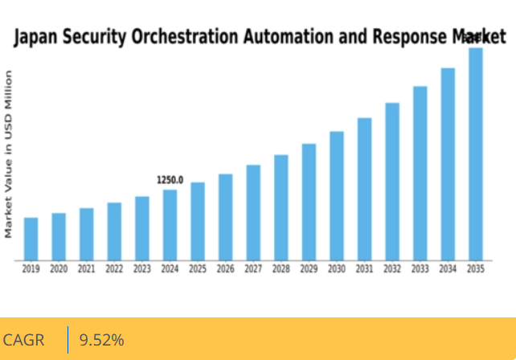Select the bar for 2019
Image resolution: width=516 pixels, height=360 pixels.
(31, 239)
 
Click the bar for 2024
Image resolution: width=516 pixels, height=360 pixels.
(170, 225)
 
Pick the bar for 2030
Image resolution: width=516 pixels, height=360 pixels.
(337, 196)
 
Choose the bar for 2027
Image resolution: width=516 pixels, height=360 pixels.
(253, 213)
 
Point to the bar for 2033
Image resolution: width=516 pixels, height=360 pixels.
(420, 174)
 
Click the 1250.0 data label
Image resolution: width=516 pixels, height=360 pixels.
(170, 180)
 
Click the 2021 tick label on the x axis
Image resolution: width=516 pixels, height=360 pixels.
(86, 269)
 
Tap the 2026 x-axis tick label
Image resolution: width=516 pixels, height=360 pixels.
(225, 269)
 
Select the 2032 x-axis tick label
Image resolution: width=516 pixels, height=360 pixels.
(392, 269)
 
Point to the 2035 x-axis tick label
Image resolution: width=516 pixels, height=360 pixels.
(475, 269)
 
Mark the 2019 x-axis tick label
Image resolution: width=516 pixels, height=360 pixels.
(31, 269)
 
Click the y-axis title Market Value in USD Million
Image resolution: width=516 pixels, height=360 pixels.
(9, 153)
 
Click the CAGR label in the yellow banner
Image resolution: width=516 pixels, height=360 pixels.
(24, 340)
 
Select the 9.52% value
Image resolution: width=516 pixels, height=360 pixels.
(101, 340)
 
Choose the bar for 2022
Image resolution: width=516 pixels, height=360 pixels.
(114, 231)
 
